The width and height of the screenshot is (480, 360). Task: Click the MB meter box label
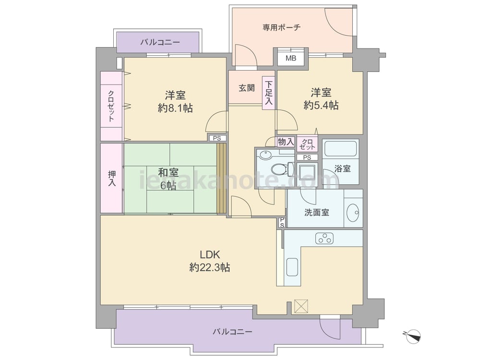pyautogui.click(x=291, y=58)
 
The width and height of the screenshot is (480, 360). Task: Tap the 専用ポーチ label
pyautogui.click(x=281, y=28)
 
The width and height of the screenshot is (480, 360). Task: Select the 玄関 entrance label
pyautogui.click(x=247, y=88)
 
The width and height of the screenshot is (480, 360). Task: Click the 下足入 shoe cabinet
pyautogui.click(x=268, y=93)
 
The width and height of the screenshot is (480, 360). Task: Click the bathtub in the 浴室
pyautogui.click(x=340, y=148)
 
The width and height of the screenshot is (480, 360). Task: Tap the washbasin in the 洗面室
pyautogui.click(x=353, y=212)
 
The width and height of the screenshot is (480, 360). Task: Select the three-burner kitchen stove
pyautogui.click(x=324, y=238)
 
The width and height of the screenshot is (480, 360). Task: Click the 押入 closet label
pyautogui.click(x=112, y=179)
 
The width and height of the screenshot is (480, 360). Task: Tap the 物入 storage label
pyautogui.click(x=286, y=142)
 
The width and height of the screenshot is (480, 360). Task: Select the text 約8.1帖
pyautogui.click(x=175, y=108)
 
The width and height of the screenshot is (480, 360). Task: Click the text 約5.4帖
pyautogui.click(x=321, y=105)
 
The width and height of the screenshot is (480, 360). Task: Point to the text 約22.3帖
pyautogui.click(x=210, y=267)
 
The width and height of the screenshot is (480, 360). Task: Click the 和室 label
pyautogui.click(x=168, y=173)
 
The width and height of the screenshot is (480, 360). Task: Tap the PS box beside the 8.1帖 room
pyautogui.click(x=217, y=138)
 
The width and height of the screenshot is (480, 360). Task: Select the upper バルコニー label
pyautogui.click(x=160, y=42)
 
